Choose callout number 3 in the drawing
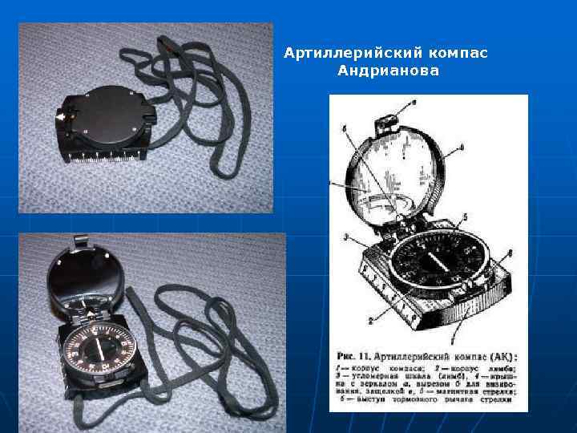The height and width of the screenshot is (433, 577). tap(345, 237)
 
